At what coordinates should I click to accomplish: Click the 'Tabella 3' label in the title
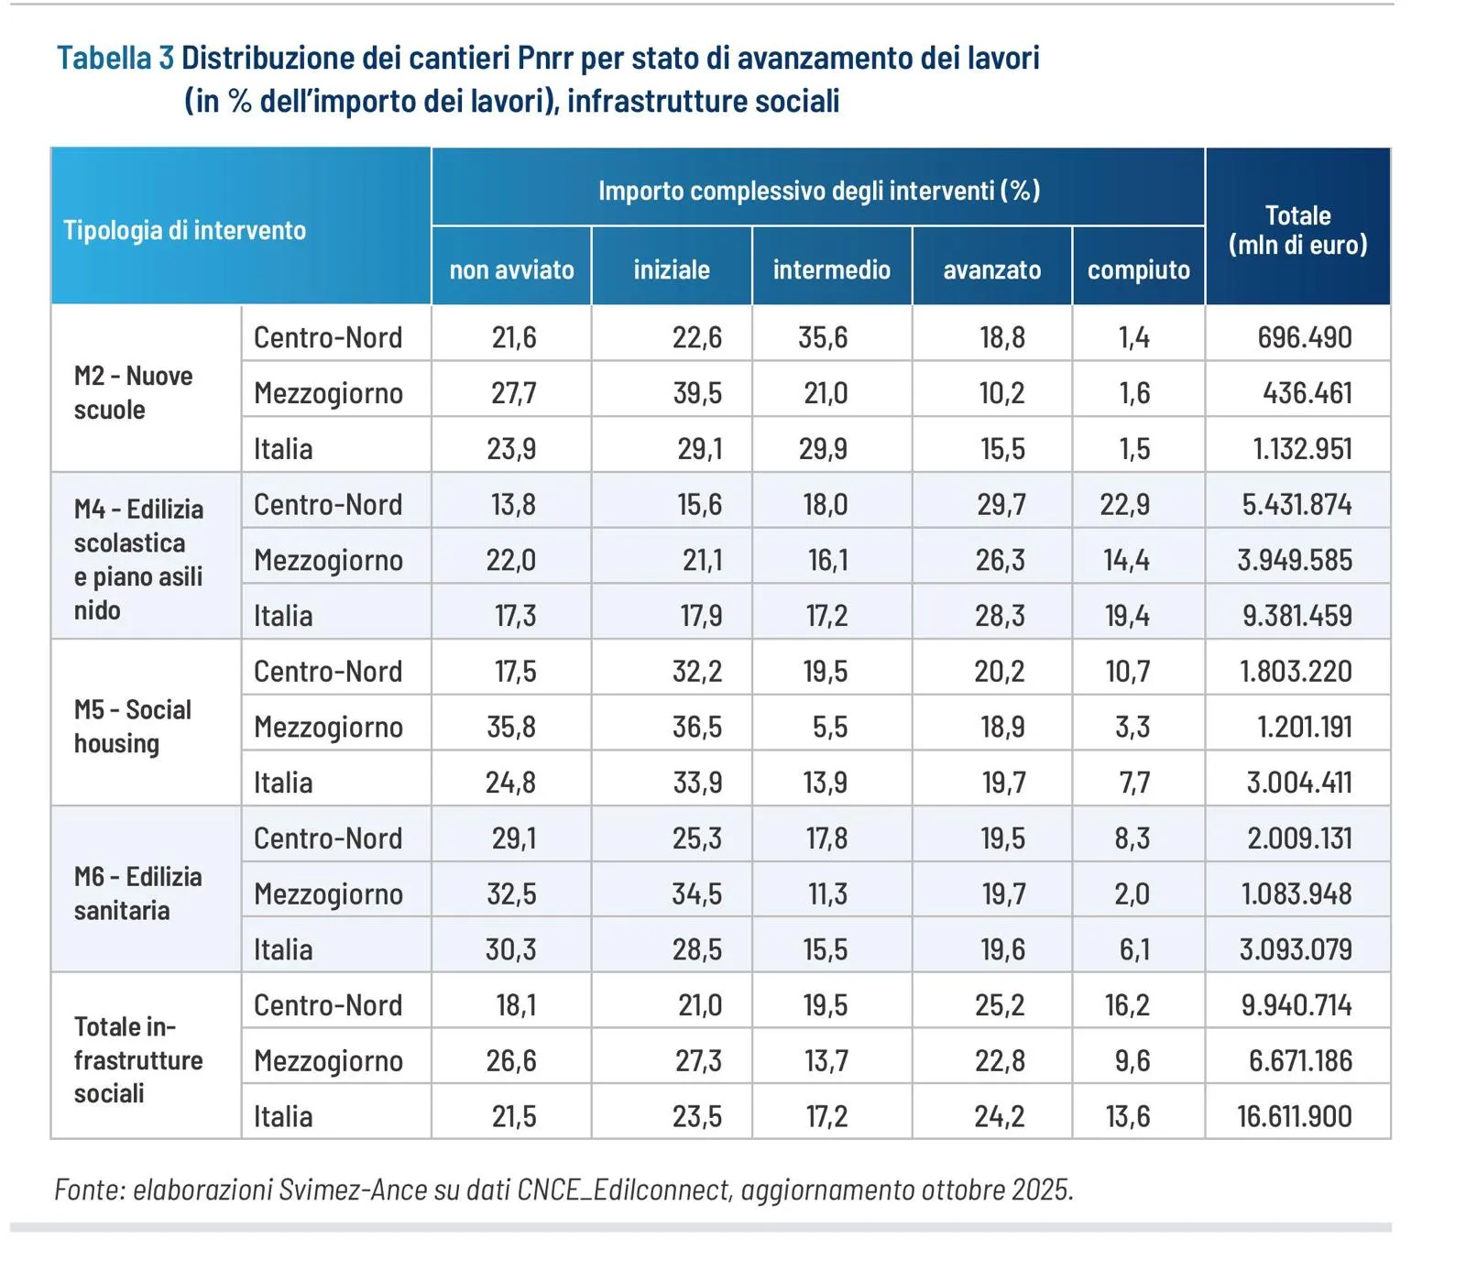click(x=115, y=58)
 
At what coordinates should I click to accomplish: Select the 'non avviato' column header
click(x=511, y=269)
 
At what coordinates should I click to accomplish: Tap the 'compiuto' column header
click(x=1138, y=269)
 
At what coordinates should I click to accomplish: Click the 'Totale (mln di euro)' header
click(x=1297, y=230)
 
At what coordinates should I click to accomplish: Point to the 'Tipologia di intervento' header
click(x=184, y=230)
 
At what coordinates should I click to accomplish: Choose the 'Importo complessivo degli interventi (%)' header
click(x=818, y=191)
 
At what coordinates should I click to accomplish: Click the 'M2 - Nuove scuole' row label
click(x=134, y=392)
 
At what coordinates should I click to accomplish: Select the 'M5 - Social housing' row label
click(x=133, y=726)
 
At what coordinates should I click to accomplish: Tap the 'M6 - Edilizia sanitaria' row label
click(x=137, y=893)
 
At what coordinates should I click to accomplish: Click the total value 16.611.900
click(x=1294, y=1116)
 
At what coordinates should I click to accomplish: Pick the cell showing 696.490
click(x=1304, y=337)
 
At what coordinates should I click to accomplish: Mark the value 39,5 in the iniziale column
click(x=697, y=393)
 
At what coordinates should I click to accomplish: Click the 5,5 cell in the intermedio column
click(x=829, y=727)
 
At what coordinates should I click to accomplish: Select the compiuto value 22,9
click(x=1125, y=504)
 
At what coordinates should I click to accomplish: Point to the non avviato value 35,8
click(x=511, y=727)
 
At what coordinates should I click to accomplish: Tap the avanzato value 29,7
click(x=1001, y=504)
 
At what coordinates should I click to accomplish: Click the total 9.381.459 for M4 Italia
click(x=1296, y=616)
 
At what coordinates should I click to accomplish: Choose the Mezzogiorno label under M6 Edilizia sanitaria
click(x=328, y=893)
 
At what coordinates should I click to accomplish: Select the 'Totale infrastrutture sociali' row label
click(x=137, y=1059)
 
